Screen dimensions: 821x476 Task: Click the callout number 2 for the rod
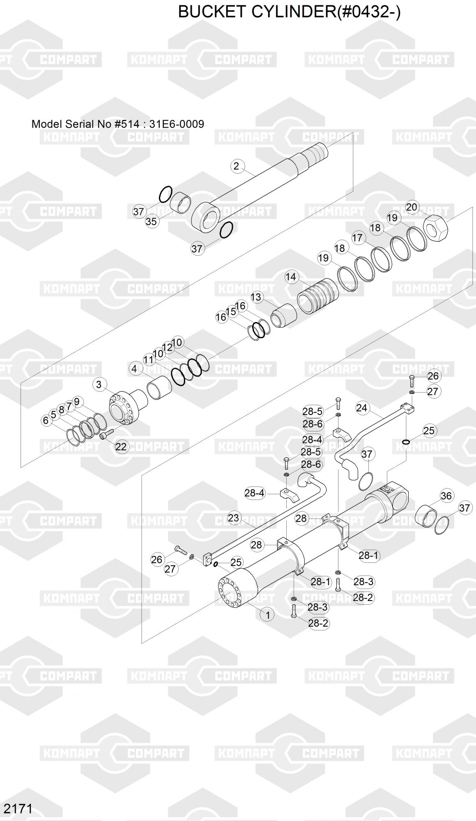pyautogui.click(x=236, y=166)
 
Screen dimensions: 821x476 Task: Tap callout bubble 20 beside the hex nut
pyautogui.click(x=412, y=207)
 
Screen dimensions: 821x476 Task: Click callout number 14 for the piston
pyautogui.click(x=291, y=277)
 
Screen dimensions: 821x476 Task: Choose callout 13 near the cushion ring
pyautogui.click(x=256, y=297)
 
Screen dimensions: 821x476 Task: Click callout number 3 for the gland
pyautogui.click(x=99, y=385)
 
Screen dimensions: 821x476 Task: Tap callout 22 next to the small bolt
pyautogui.click(x=121, y=447)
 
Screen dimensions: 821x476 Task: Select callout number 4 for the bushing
pyautogui.click(x=134, y=369)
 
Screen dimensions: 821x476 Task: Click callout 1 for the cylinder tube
pyautogui.click(x=268, y=615)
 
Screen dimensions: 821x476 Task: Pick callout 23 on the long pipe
pyautogui.click(x=233, y=518)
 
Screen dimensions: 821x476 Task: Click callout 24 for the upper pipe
pyautogui.click(x=361, y=408)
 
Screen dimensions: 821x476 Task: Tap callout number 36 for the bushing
pyautogui.click(x=446, y=496)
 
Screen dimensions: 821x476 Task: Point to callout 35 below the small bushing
pyautogui.click(x=152, y=221)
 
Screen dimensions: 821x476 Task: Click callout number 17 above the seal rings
pyautogui.click(x=357, y=238)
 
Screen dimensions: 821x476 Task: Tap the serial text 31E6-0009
pyautogui.click(x=177, y=124)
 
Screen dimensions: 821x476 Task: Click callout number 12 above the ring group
pyautogui.click(x=168, y=347)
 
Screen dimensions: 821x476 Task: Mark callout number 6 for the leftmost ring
pyautogui.click(x=46, y=420)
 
